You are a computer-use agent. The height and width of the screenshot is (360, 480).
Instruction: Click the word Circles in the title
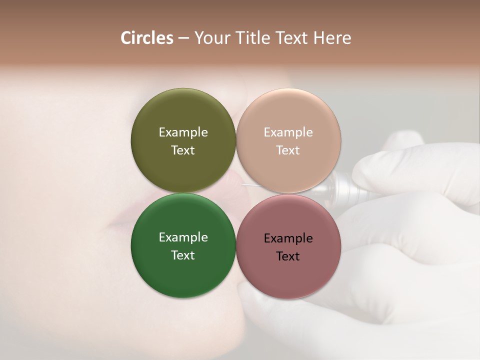click(147, 38)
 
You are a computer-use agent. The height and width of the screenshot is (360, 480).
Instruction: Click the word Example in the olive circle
click(183, 132)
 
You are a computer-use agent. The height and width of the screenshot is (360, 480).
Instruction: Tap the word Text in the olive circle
click(183, 150)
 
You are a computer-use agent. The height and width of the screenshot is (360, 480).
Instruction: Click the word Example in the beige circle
click(288, 132)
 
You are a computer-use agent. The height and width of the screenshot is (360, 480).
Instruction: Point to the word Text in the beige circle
click(288, 150)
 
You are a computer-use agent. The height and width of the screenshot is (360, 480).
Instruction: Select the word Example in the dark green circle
click(183, 237)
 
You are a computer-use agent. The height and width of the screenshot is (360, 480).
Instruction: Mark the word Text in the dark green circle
click(183, 255)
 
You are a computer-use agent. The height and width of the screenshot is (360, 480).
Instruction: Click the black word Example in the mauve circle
click(288, 238)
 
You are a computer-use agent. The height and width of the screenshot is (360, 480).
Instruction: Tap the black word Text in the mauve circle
click(288, 256)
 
